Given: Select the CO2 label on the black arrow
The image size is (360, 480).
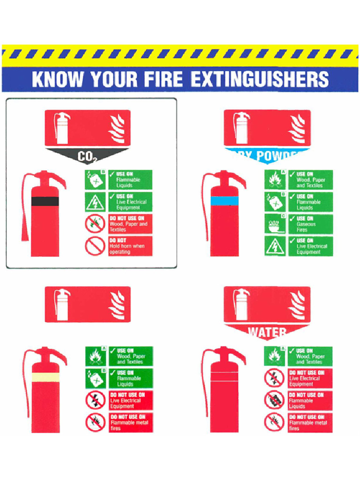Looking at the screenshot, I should pos(87,157).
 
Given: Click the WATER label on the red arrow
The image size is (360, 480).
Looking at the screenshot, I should pos(267,332).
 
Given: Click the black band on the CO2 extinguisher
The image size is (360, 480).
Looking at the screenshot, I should pos(45,201).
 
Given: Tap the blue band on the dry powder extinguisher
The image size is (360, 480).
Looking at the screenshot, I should pos(225,201).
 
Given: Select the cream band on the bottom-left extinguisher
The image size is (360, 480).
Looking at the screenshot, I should pos(45,377).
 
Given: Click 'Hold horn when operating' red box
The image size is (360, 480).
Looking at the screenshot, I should pos(130,246).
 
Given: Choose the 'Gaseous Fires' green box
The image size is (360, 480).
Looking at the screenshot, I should pos(310,224).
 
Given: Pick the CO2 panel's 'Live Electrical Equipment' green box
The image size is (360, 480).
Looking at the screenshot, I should pos(130,202).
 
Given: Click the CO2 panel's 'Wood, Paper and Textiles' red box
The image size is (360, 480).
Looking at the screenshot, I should pos(130,224).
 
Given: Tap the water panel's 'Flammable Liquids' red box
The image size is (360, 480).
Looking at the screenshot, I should pos(310,401).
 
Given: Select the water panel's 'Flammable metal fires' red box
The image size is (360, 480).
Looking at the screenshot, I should pos(310,423).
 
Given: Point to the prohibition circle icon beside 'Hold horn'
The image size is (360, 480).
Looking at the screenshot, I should pos(95,246).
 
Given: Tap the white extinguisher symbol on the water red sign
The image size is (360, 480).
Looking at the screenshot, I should pos(242,304).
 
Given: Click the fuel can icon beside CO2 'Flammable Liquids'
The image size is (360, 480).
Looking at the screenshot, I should pos(95,180).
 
